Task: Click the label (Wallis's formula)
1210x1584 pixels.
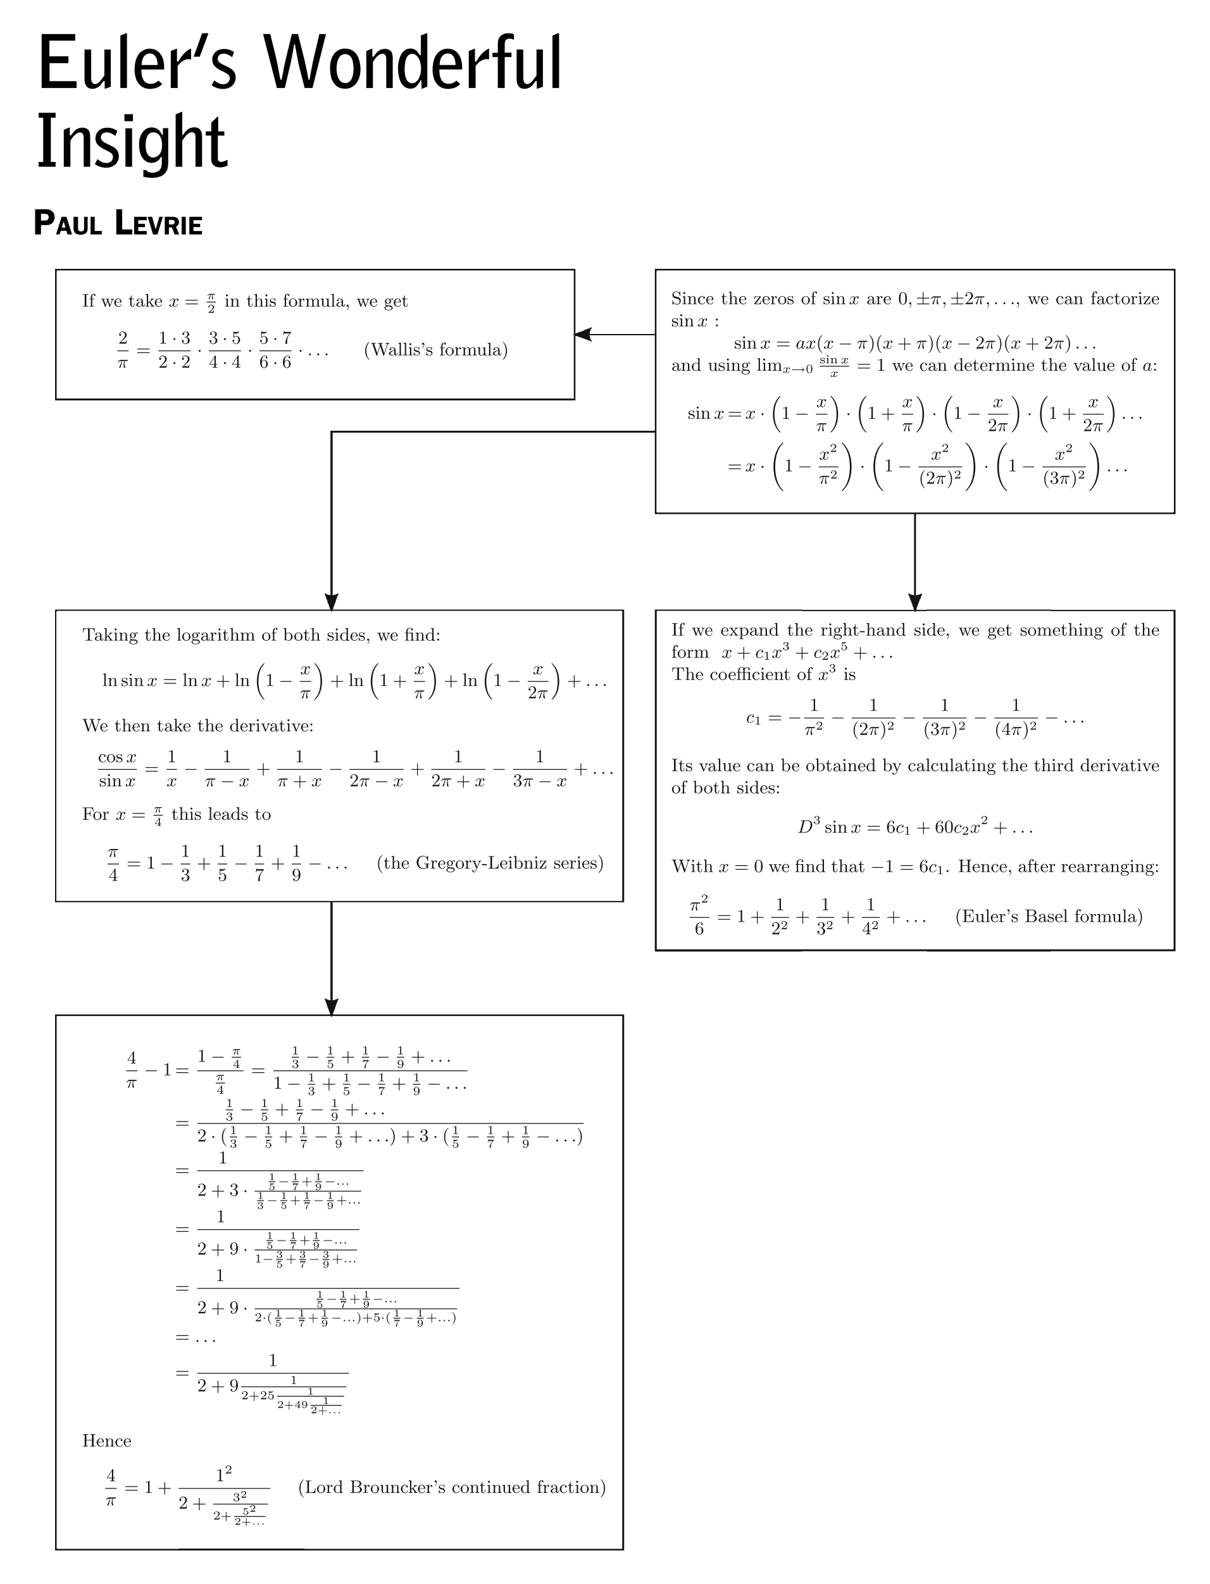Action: tap(436, 350)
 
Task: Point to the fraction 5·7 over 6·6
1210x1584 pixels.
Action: tap(275, 350)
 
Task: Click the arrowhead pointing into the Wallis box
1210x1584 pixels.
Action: tap(583, 334)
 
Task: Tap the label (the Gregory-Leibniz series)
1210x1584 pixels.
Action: tap(490, 863)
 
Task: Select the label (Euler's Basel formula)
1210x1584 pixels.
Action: tap(1049, 916)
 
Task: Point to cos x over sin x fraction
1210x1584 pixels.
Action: tap(118, 769)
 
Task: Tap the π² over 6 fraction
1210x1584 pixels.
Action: tap(699, 916)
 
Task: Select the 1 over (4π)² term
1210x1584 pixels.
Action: tap(1016, 717)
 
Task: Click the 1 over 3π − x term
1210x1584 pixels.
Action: tap(539, 769)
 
